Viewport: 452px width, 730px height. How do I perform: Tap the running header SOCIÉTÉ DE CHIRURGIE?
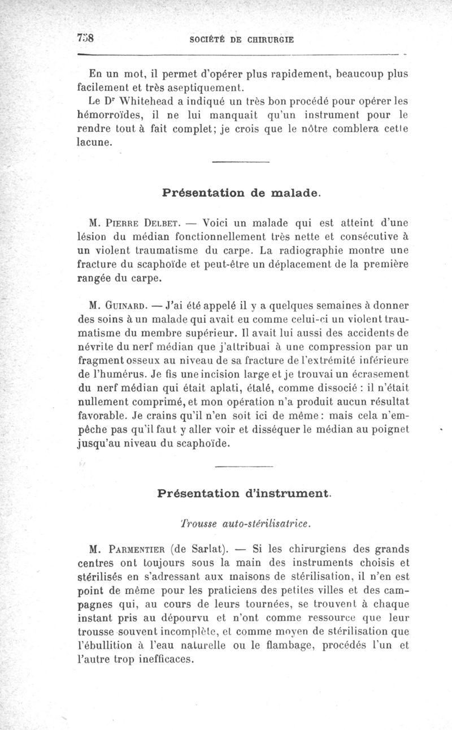(242, 40)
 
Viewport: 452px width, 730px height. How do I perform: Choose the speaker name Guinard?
(125, 306)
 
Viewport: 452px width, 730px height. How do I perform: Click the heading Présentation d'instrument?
(244, 493)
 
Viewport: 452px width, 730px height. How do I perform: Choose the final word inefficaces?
(162, 659)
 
